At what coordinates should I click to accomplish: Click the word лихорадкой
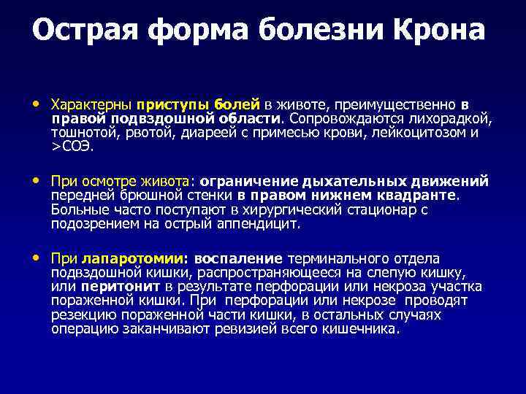pyautogui.click(x=457, y=118)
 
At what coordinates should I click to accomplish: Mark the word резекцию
pyautogui.click(x=83, y=314)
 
